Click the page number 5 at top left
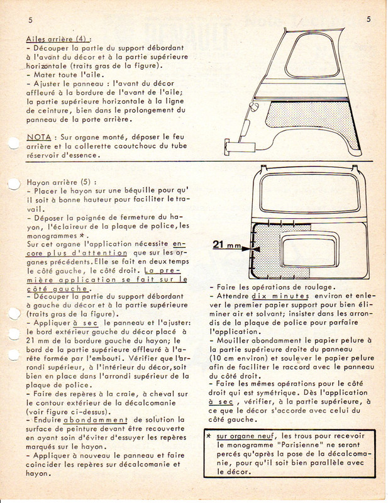pyautogui.click(x=30, y=19)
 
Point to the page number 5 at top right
pyautogui.click(x=367, y=19)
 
